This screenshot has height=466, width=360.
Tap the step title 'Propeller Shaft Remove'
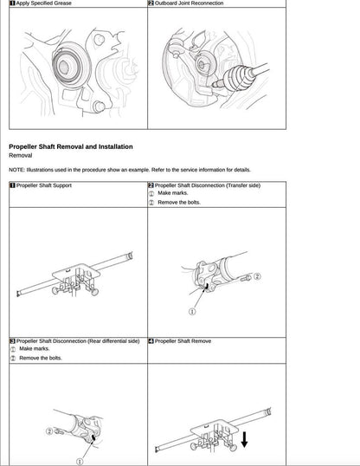click(x=183, y=341)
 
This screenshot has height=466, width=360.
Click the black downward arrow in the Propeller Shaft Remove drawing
click(x=245, y=440)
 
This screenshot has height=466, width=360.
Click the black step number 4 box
click(x=151, y=341)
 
